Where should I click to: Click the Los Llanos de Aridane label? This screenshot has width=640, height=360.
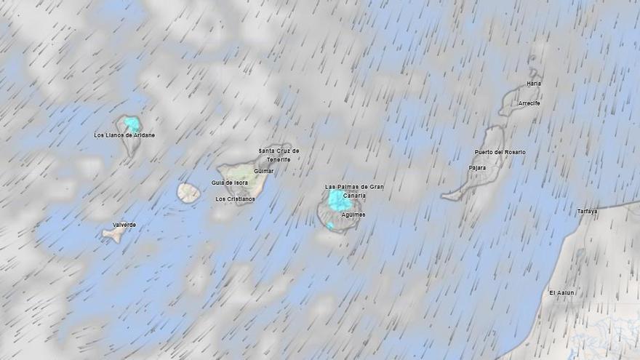click(124, 135)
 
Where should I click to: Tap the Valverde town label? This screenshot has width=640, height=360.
click(124, 225)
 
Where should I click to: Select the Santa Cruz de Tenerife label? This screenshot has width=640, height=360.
click(279, 155)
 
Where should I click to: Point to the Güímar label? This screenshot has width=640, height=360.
click(263, 171)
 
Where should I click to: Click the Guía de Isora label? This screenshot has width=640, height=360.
click(229, 183)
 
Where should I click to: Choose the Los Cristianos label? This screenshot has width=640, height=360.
click(235, 199)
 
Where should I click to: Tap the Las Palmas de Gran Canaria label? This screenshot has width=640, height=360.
click(354, 191)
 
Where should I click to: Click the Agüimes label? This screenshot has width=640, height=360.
click(353, 215)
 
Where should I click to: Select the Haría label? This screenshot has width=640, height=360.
click(534, 84)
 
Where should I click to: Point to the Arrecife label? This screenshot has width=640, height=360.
click(529, 103)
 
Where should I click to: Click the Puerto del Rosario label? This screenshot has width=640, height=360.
click(500, 152)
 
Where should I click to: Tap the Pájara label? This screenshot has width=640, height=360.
click(478, 167)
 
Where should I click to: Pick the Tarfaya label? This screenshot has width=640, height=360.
click(587, 212)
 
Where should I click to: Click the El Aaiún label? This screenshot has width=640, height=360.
click(561, 292)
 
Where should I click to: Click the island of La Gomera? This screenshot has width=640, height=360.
click(188, 193)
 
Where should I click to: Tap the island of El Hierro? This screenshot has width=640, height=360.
click(114, 235)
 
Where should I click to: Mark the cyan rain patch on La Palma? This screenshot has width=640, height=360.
click(132, 124)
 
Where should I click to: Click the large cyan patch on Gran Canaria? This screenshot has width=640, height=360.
click(337, 200)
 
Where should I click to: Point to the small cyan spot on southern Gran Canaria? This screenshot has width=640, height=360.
click(330, 226)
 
